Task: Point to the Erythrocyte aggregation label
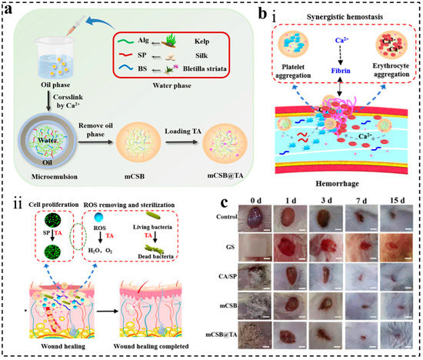(393, 84)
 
